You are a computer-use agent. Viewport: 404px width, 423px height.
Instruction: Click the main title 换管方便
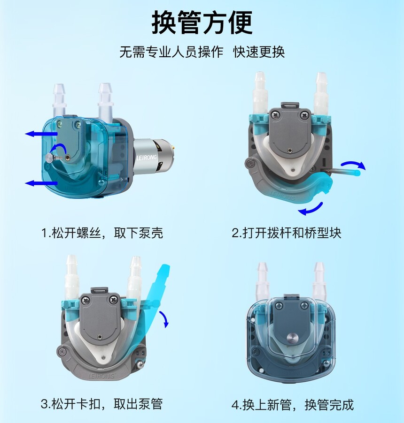click(202, 23)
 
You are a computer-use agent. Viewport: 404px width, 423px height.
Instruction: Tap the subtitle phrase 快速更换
click(259, 52)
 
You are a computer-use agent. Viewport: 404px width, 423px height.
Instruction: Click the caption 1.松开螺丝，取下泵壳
click(102, 233)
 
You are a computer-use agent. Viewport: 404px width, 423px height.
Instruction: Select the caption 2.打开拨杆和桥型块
click(287, 233)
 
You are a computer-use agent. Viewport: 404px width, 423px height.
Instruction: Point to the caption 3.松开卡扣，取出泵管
click(102, 404)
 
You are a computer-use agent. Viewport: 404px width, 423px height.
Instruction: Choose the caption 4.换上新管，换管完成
click(293, 405)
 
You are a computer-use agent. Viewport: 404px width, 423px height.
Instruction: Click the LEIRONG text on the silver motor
click(146, 157)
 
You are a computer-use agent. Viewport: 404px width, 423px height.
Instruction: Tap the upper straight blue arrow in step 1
click(41, 134)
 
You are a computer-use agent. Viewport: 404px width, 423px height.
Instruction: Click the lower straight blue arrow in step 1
click(41, 183)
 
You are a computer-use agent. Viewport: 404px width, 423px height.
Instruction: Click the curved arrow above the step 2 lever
click(353, 164)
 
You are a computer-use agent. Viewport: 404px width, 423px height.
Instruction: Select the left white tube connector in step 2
click(260, 93)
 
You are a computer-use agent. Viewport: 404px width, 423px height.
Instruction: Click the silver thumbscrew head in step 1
click(49, 158)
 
